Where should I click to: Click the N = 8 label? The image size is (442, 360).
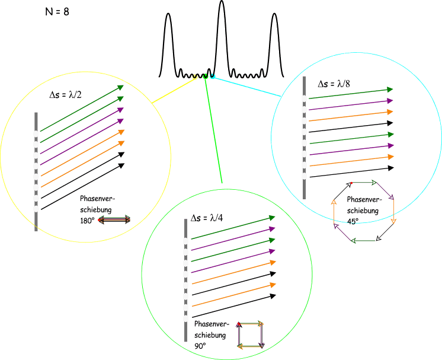point(57,12)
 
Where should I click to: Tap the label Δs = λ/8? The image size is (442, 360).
point(334,84)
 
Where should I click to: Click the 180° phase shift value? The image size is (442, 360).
point(87,221)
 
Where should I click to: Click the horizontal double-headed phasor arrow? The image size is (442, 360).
point(114,220)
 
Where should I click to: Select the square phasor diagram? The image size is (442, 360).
point(251,335)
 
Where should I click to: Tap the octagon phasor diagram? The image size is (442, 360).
point(364,211)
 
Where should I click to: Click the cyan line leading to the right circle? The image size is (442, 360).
point(249,87)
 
